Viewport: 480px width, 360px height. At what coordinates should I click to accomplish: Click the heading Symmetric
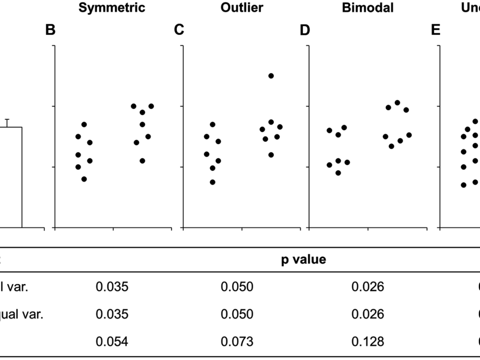tap(112, 8)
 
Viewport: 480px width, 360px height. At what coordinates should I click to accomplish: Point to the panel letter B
tap(50, 30)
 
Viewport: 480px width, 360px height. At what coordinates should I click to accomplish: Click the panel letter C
tap(178, 30)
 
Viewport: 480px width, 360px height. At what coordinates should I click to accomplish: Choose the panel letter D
tap(305, 30)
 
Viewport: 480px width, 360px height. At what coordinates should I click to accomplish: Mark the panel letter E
tap(435, 30)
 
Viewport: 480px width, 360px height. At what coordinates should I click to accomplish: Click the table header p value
tap(304, 260)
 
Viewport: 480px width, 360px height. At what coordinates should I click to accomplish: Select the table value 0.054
tap(112, 342)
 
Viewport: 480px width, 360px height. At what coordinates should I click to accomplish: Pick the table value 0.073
tap(237, 342)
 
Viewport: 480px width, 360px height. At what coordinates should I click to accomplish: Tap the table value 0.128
tap(368, 342)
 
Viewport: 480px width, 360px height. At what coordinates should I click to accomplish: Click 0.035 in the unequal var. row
tap(112, 314)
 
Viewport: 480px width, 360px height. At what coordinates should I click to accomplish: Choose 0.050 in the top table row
tap(237, 286)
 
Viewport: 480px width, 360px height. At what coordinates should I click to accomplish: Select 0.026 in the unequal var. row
tap(368, 314)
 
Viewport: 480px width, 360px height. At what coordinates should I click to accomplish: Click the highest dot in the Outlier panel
tap(271, 76)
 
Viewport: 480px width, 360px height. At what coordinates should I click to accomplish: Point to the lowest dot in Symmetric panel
tap(84, 179)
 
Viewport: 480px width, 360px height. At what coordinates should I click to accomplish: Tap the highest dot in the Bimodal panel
tap(397, 103)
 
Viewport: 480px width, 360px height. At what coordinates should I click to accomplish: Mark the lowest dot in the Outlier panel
tap(213, 182)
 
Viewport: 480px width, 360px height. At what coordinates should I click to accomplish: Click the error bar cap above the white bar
tap(7, 119)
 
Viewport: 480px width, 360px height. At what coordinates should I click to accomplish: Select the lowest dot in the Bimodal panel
tap(338, 173)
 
